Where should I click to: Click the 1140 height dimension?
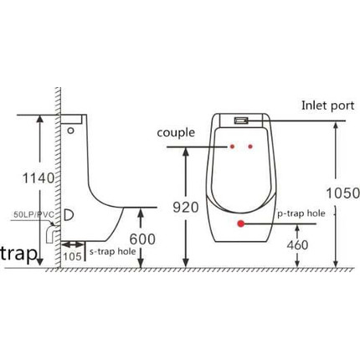[38, 178]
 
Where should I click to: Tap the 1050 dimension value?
[343, 193]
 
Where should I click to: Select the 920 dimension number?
[186, 207]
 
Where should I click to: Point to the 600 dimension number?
[142, 239]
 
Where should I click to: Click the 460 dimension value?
[297, 245]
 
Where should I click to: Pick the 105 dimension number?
[72, 256]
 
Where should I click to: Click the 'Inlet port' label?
[328, 105]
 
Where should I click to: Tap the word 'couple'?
[176, 132]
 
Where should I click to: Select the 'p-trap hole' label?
[301, 213]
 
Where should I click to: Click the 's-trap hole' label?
[113, 251]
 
